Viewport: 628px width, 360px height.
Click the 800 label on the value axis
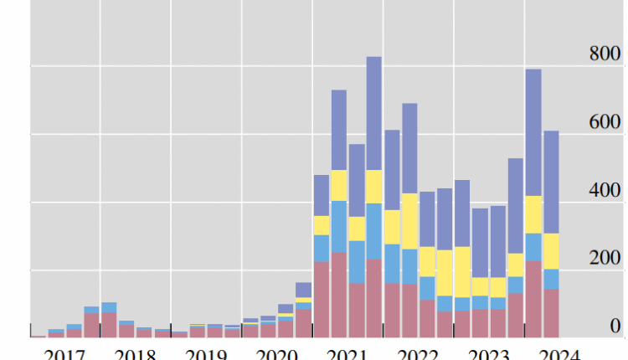pos(605,55)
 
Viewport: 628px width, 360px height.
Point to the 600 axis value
pos(605,123)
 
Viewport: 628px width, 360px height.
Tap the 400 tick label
pos(605,191)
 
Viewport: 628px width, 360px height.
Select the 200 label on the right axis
pos(605,259)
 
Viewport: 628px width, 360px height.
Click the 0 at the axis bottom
pos(615,326)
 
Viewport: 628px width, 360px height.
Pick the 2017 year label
pos(64,352)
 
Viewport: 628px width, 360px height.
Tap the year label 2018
pos(135,352)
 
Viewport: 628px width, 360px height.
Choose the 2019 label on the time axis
pos(206,352)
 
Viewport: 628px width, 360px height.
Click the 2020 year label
pos(277,352)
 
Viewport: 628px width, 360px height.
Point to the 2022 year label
pos(419,352)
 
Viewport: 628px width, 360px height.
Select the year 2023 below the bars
pos(490,352)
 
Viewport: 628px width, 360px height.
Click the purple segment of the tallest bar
pos(374,113)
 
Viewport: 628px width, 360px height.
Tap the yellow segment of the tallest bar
pos(374,187)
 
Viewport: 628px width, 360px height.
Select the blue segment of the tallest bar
pos(374,231)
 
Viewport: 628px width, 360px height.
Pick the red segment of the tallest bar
pos(374,298)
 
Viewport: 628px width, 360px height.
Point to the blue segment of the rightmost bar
pos(551,279)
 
